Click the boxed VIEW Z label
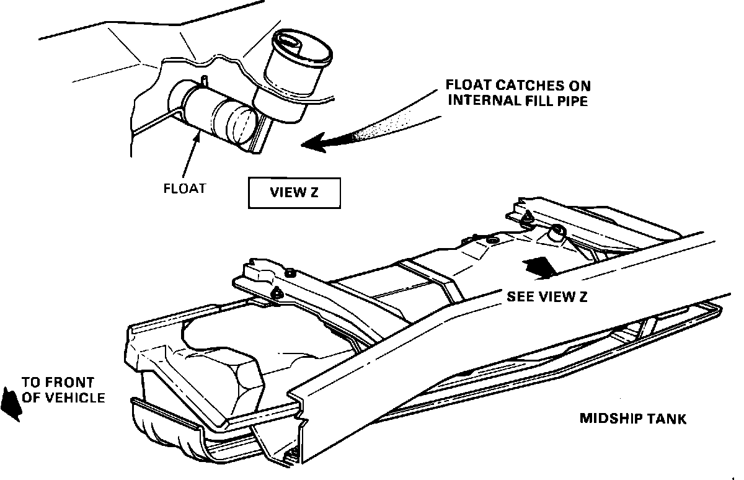(x=294, y=192)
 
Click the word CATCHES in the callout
(x=516, y=86)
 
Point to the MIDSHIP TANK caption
(x=632, y=419)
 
